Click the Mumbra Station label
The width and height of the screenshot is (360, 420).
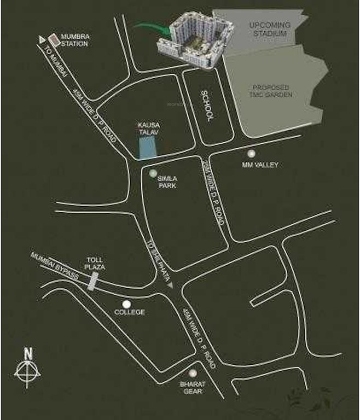click(74, 39)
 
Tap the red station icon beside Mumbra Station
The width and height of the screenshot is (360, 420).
click(54, 40)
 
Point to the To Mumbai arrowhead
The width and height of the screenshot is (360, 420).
click(41, 39)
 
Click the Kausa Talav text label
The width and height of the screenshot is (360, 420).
click(148, 129)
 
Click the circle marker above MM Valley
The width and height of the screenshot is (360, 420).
click(251, 154)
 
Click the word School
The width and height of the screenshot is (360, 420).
click(207, 105)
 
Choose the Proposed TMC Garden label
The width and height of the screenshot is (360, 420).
click(272, 91)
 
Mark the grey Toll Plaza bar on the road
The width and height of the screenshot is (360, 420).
click(94, 281)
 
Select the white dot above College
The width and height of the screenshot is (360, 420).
click(126, 304)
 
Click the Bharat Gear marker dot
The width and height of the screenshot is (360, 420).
click(193, 372)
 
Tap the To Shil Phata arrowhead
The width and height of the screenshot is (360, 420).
click(170, 285)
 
